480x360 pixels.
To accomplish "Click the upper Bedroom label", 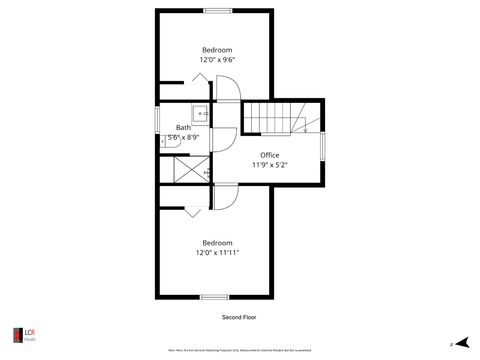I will pyautogui.click(x=217, y=50).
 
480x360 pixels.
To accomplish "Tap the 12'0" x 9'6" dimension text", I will pyautogui.click(x=217, y=60).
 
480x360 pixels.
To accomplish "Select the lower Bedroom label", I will pyautogui.click(x=217, y=243).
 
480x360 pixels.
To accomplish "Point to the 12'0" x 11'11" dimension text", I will pyautogui.click(x=217, y=253).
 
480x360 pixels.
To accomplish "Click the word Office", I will pyautogui.click(x=269, y=155).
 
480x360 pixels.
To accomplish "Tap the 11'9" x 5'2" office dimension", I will pyautogui.click(x=269, y=165).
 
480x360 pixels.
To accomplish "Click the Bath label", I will pyautogui.click(x=184, y=127).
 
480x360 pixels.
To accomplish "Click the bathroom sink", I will pyautogui.click(x=199, y=112).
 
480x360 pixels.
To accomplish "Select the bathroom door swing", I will pyautogui.click(x=224, y=138).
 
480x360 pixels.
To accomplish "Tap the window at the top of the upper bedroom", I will pyautogui.click(x=218, y=10).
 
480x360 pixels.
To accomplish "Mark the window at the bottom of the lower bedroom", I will pyautogui.click(x=214, y=297).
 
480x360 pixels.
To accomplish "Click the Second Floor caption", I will pyautogui.click(x=240, y=317).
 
